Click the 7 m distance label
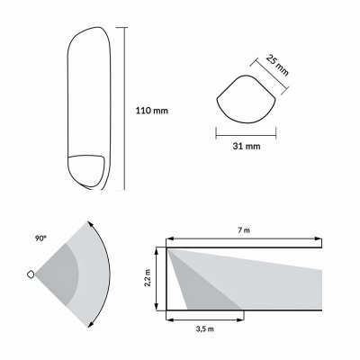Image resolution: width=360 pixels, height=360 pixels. pyautogui.click(x=243, y=232)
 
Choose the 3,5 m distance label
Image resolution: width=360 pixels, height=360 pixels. pyautogui.click(x=205, y=328)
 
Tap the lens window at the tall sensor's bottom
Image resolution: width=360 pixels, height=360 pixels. pyautogui.click(x=88, y=170)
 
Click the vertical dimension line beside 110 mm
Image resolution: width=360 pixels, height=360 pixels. pyautogui.click(x=122, y=108)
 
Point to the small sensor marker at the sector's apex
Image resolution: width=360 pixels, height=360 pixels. pyautogui.click(x=32, y=274)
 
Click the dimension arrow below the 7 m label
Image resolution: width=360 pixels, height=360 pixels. pyautogui.click(x=243, y=240)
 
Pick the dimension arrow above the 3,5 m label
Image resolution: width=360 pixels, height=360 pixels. pyautogui.click(x=205, y=318)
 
